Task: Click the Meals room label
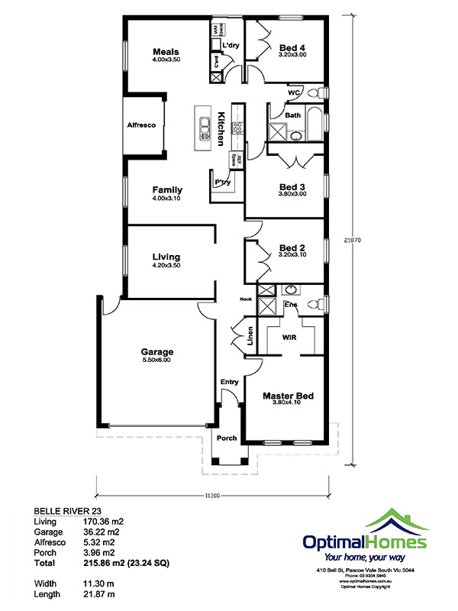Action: pyautogui.click(x=165, y=52)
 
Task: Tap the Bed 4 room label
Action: pyautogui.click(x=293, y=47)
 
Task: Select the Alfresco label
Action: pyautogui.click(x=141, y=124)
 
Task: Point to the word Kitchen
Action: pyautogui.click(x=221, y=128)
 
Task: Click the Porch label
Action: pyautogui.click(x=227, y=438)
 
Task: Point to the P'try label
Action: pyautogui.click(x=222, y=182)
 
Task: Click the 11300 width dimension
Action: pyautogui.click(x=214, y=496)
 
